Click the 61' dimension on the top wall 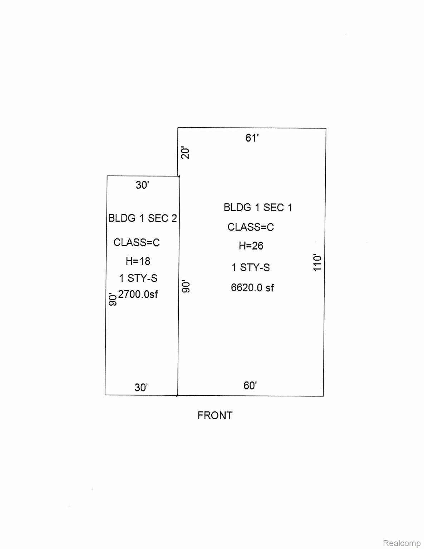pyautogui.click(x=252, y=138)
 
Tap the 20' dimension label pyautogui.click(x=186, y=153)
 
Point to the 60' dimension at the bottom pyautogui.click(x=250, y=385)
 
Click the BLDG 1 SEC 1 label pyautogui.click(x=258, y=207)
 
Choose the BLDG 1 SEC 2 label pyautogui.click(x=143, y=218)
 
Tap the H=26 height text pyautogui.click(x=251, y=246)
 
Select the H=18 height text pyautogui.click(x=138, y=261)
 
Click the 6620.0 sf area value pyautogui.click(x=252, y=287)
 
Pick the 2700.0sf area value pyautogui.click(x=138, y=294)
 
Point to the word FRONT pyautogui.click(x=215, y=416)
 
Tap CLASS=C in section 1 pyautogui.click(x=251, y=227)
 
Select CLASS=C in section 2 pyautogui.click(x=137, y=242)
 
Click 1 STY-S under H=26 pyautogui.click(x=251, y=267)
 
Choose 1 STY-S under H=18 pyautogui.click(x=138, y=278)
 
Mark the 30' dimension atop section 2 pyautogui.click(x=142, y=185)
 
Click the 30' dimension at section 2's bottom pyautogui.click(x=141, y=387)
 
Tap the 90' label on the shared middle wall pyautogui.click(x=186, y=286)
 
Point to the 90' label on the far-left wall pyautogui.click(x=112, y=300)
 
